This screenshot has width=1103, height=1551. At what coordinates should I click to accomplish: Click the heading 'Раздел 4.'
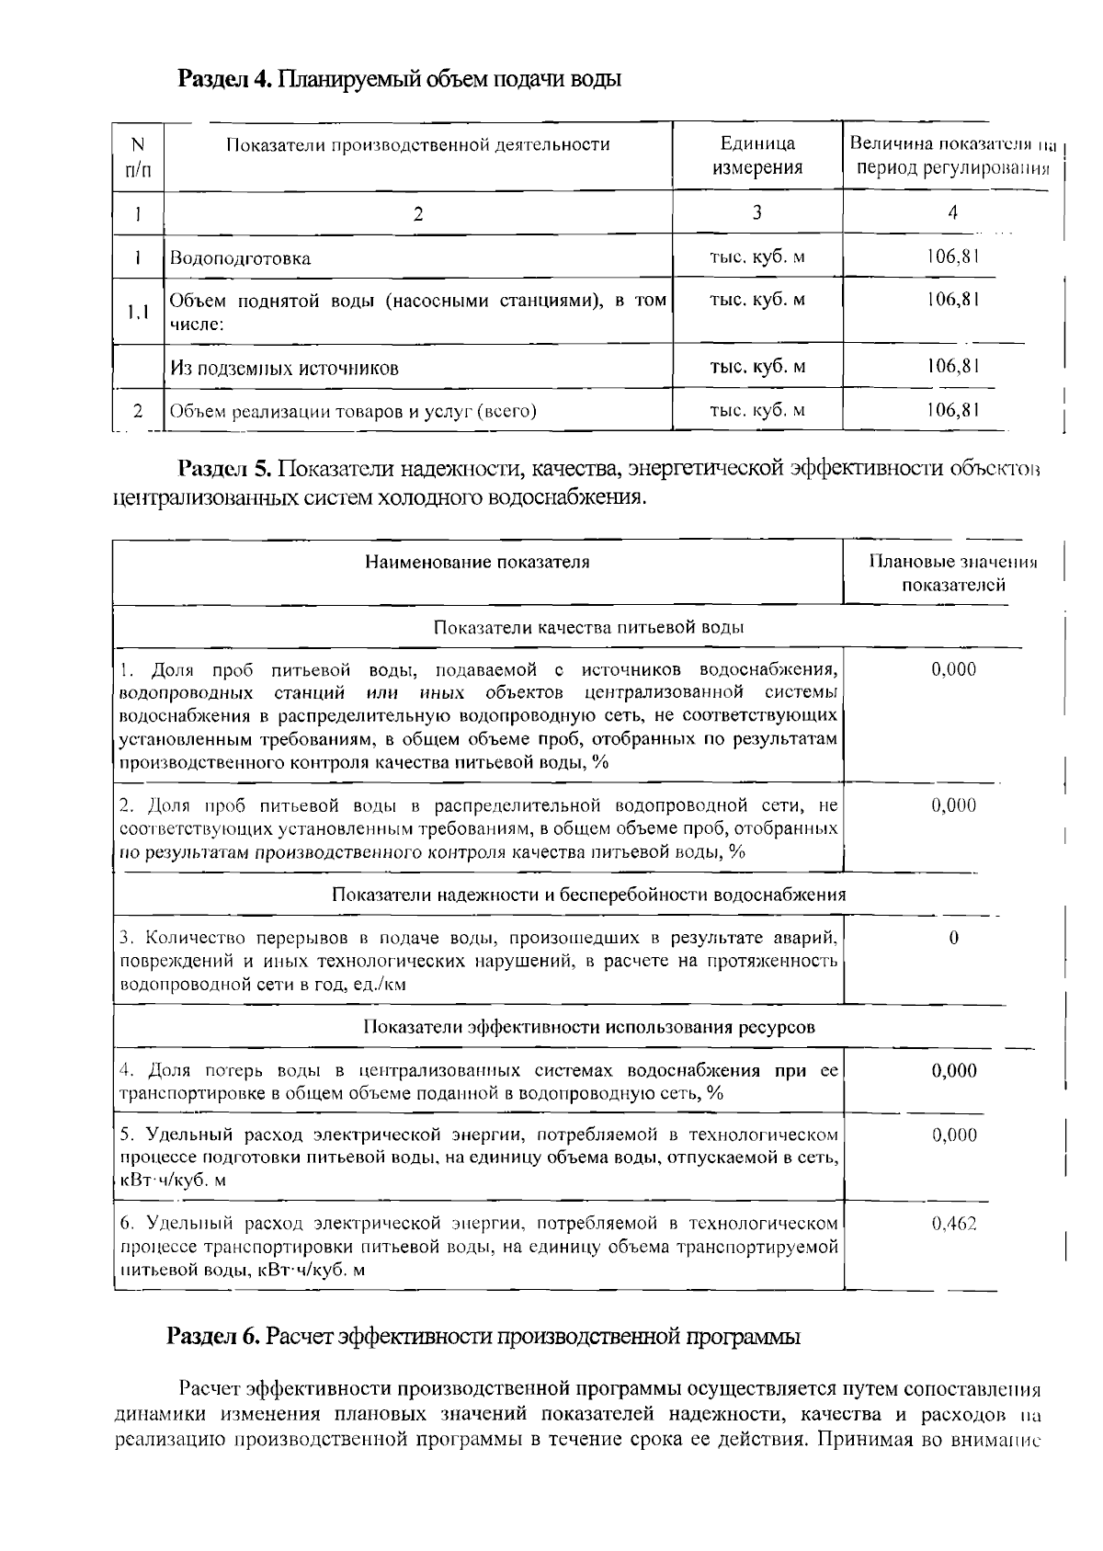click(x=224, y=79)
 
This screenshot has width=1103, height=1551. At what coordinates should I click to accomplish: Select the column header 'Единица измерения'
click(x=757, y=155)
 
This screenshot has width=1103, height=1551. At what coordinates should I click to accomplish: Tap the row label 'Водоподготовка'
click(x=240, y=258)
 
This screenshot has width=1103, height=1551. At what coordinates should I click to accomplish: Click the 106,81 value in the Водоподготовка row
click(x=952, y=257)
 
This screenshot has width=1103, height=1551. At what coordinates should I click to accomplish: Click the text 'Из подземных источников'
click(x=284, y=369)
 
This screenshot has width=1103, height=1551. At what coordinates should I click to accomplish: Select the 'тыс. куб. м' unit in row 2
click(x=757, y=410)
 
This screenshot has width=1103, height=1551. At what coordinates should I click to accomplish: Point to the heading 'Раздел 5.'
click(x=224, y=469)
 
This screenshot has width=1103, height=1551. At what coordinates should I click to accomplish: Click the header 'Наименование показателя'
click(x=477, y=562)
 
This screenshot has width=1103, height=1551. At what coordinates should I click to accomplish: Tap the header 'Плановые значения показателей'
click(x=952, y=573)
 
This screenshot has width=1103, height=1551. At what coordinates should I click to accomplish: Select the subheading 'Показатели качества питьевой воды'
click(x=588, y=627)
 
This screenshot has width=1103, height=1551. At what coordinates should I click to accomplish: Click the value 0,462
click(x=953, y=1224)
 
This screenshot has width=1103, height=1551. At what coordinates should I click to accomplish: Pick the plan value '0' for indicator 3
click(x=953, y=938)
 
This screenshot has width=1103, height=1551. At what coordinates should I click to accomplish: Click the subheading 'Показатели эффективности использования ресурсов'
click(x=588, y=1027)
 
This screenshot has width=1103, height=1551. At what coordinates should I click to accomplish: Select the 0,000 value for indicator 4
click(x=953, y=1070)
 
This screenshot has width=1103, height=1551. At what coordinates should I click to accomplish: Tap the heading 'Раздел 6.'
click(x=214, y=1336)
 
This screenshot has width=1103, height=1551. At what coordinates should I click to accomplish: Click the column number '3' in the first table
click(x=756, y=213)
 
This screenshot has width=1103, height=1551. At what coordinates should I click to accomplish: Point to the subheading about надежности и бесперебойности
click(x=588, y=895)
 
